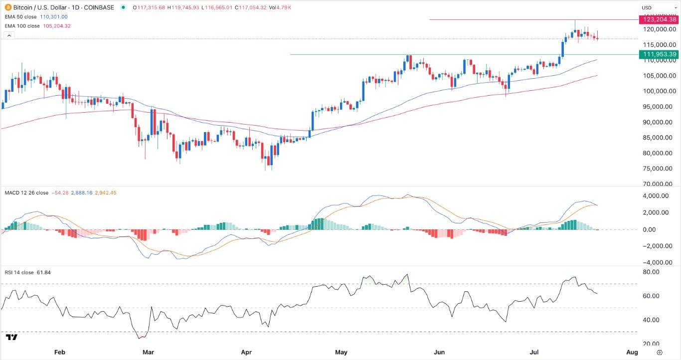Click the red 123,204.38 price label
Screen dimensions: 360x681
point(659,19)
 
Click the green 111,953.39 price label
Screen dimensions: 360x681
point(659,54)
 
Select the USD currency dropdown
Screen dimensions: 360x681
point(657,7)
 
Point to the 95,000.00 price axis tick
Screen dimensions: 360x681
point(656,107)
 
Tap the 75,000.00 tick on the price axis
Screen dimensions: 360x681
point(656,169)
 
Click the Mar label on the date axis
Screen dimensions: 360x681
point(148,353)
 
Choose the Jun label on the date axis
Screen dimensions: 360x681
point(439,353)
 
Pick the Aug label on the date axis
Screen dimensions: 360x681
point(632,353)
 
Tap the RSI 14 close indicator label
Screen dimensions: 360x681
point(19,272)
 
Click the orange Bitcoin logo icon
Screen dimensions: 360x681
point(8,7)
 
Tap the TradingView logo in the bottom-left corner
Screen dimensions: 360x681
point(11,338)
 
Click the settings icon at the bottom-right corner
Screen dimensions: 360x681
point(660,353)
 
